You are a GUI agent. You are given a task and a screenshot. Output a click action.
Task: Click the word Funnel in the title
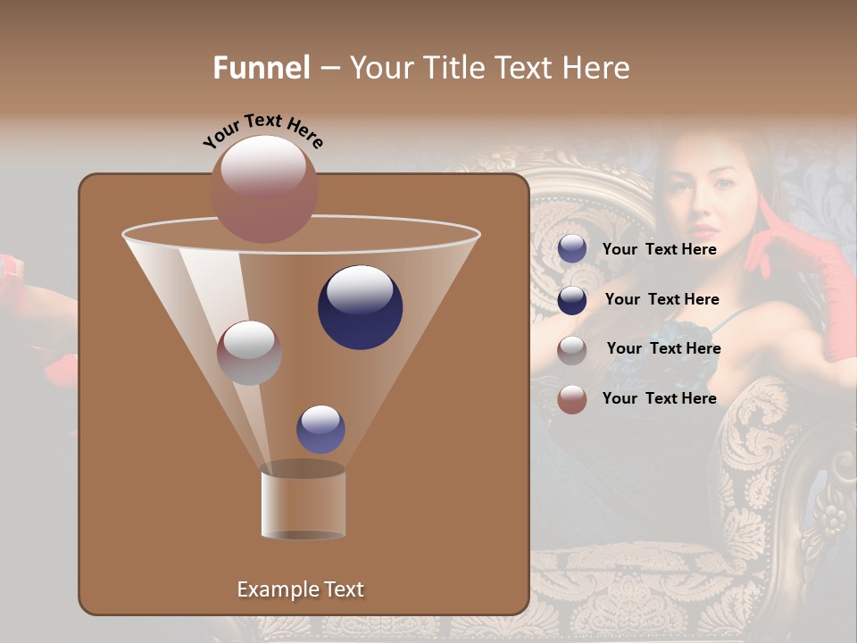[x=262, y=68]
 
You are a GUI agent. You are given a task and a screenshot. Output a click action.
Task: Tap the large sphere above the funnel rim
[x=264, y=188]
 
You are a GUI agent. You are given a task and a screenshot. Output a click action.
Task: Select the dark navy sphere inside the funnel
[x=360, y=306]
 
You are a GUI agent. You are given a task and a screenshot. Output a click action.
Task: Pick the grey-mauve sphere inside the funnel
[x=249, y=353]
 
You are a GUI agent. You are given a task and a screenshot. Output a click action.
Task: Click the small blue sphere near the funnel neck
[x=320, y=429]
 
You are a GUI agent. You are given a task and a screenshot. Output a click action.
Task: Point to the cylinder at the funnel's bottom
[x=303, y=503]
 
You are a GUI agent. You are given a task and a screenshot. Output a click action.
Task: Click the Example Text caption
[x=300, y=589]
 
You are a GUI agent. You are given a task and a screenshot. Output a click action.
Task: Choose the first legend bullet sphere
[x=572, y=249]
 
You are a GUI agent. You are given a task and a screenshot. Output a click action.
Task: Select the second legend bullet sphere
[x=572, y=299]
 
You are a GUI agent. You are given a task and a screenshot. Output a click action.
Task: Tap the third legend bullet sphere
[x=572, y=349]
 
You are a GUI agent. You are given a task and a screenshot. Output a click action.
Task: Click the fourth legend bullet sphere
[x=572, y=399]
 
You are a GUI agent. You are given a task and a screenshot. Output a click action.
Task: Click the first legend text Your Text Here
[x=659, y=249]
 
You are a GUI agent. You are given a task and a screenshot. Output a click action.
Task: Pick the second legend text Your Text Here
[x=661, y=299]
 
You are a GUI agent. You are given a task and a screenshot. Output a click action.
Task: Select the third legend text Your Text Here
[x=663, y=348]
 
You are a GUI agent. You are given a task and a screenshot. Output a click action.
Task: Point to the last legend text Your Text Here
[x=659, y=398]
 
